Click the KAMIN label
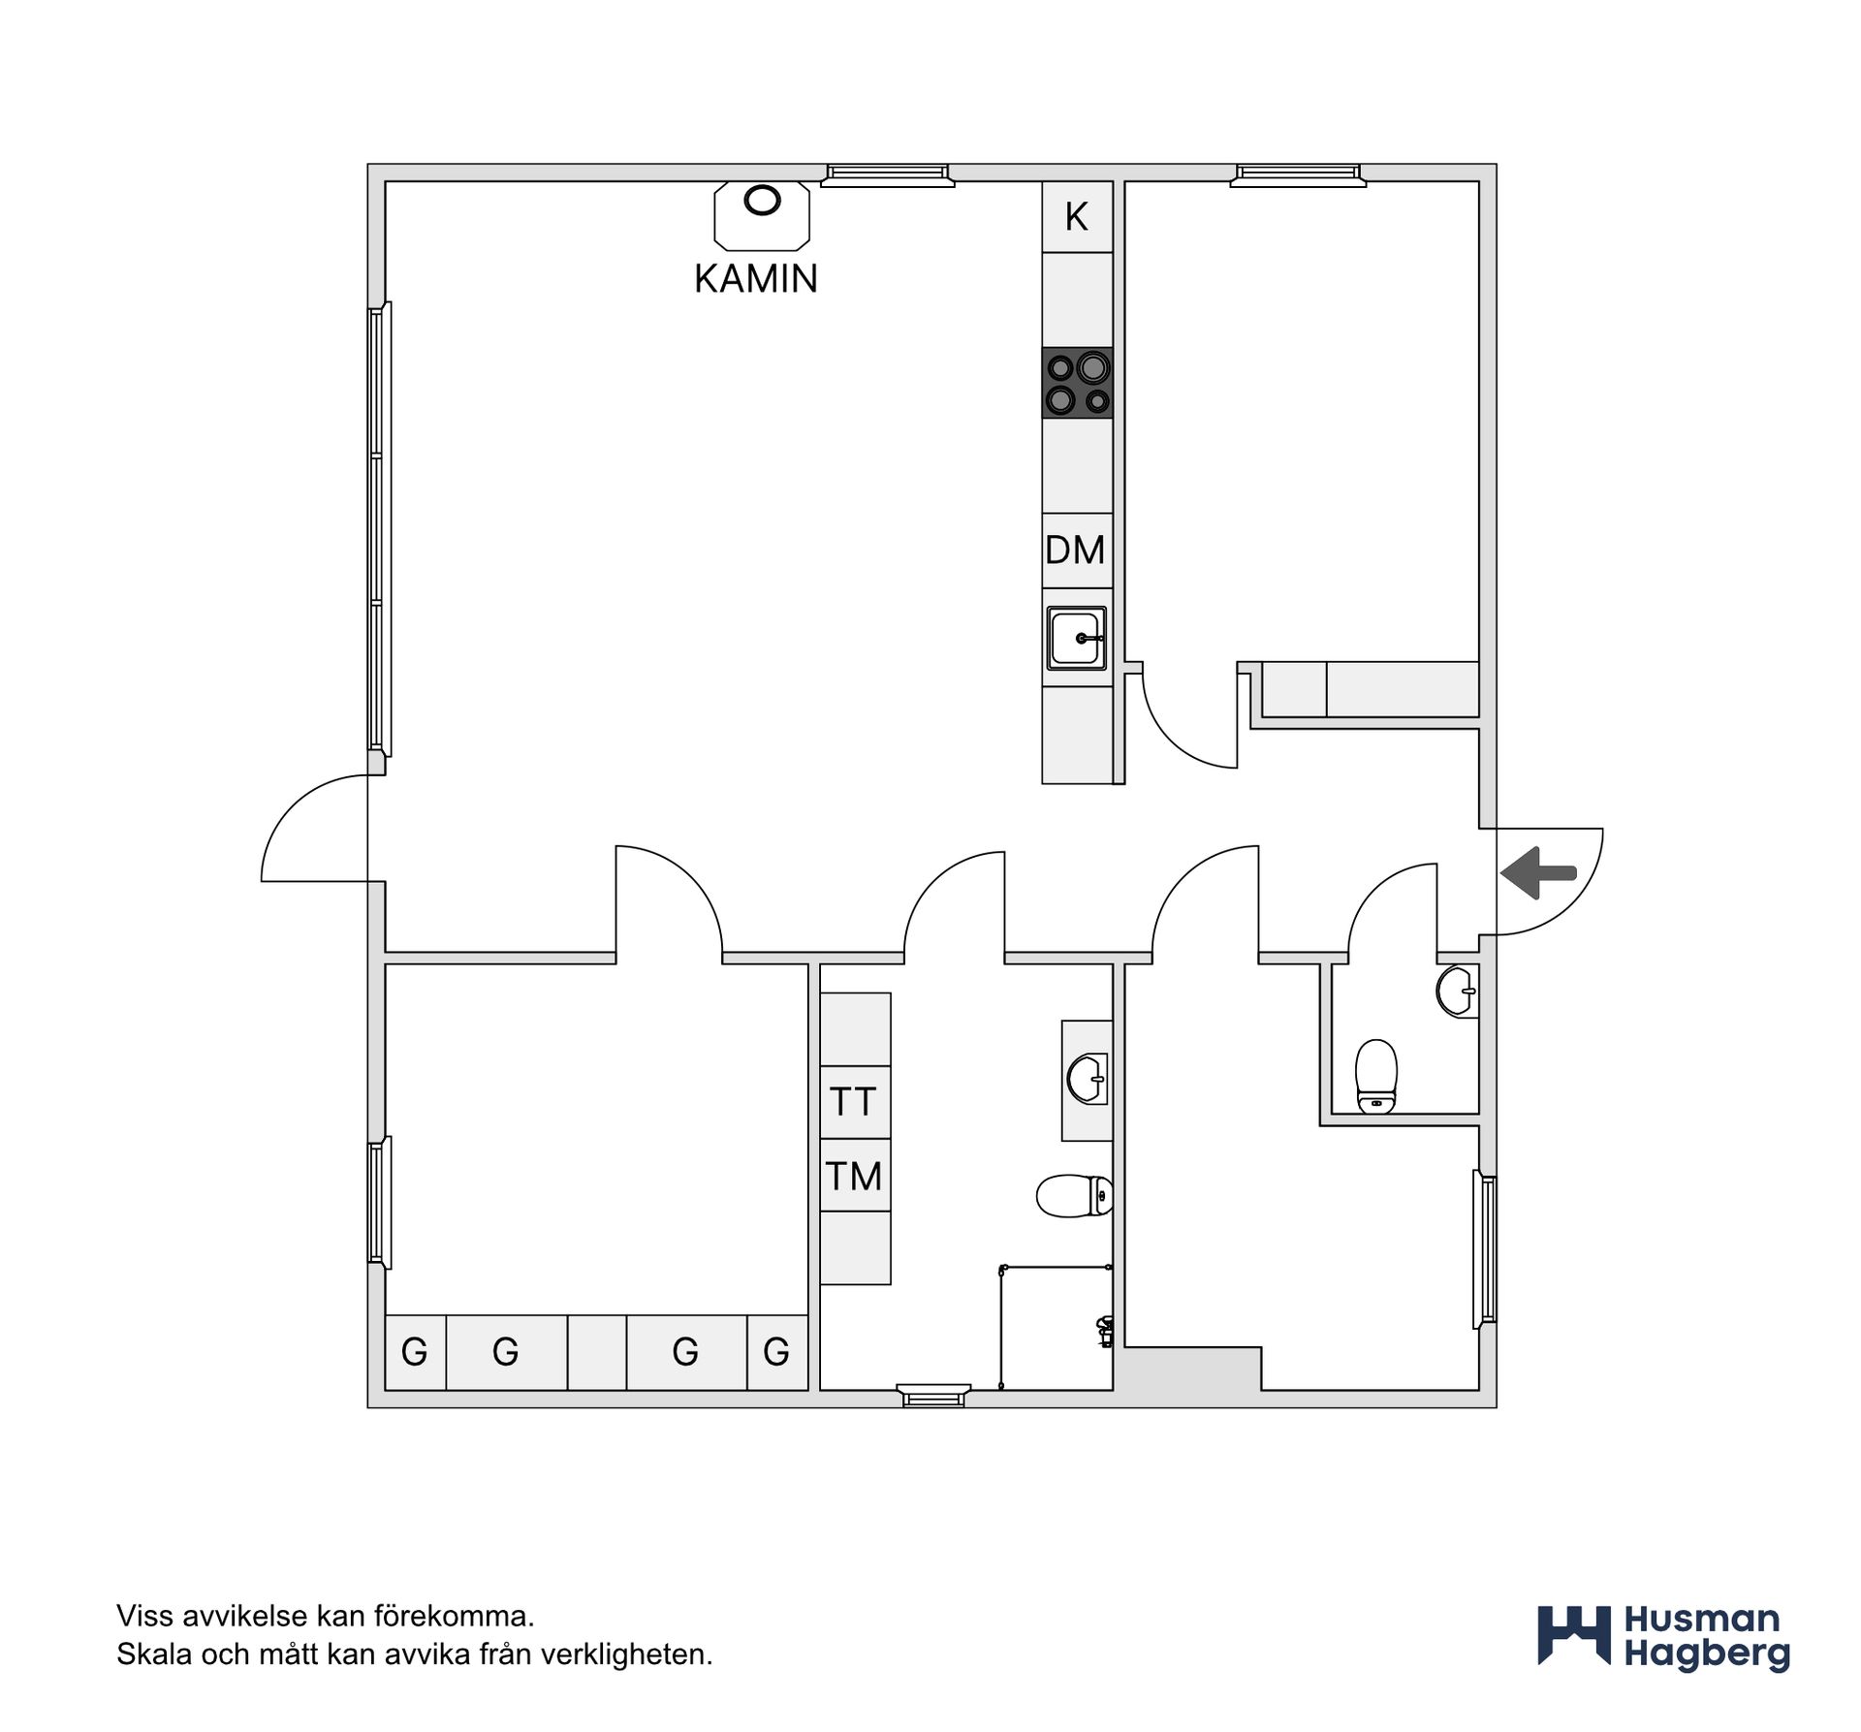tap(756, 279)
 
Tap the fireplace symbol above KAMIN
tap(762, 216)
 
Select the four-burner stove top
tap(1077, 383)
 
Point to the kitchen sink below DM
tap(1077, 638)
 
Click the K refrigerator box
tap(1077, 217)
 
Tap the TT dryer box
tap(855, 1102)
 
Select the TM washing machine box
tap(855, 1176)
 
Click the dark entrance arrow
tap(1538, 873)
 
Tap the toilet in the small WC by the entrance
tap(1375, 1076)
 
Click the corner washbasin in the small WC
tap(1458, 991)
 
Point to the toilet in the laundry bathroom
tap(1074, 1195)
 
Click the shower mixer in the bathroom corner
tap(1104, 1331)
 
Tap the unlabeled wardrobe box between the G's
tap(597, 1352)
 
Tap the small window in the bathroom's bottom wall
tap(934, 1396)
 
